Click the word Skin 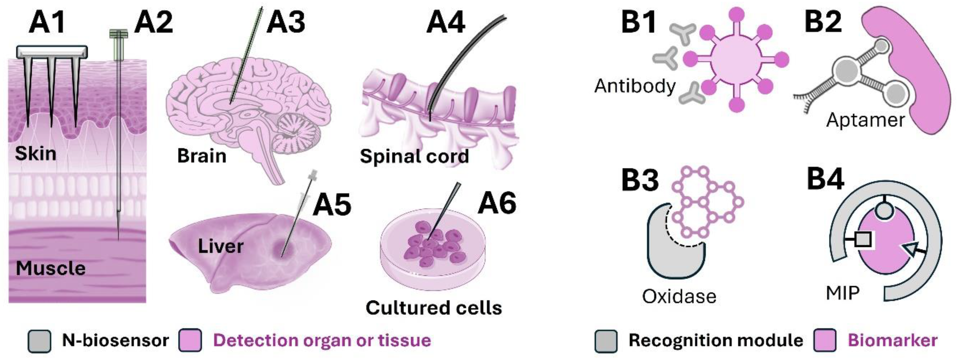click(x=36, y=153)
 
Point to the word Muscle click(x=50, y=268)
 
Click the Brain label click(x=202, y=156)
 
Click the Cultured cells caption click(x=434, y=308)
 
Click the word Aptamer click(x=865, y=120)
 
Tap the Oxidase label click(x=679, y=296)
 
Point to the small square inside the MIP click(x=863, y=239)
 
